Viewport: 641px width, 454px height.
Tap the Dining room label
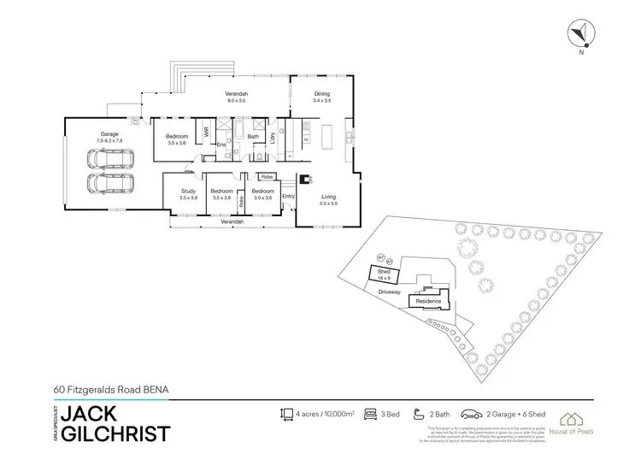click(322, 96)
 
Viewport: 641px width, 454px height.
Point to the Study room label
click(188, 194)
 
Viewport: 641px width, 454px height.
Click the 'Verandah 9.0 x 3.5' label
click(236, 97)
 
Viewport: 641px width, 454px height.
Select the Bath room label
click(253, 136)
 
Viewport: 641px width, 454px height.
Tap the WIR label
click(206, 133)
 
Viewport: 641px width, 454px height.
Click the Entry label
click(288, 197)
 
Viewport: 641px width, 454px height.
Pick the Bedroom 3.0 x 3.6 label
click(262, 194)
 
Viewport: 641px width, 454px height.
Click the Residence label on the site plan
click(427, 302)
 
